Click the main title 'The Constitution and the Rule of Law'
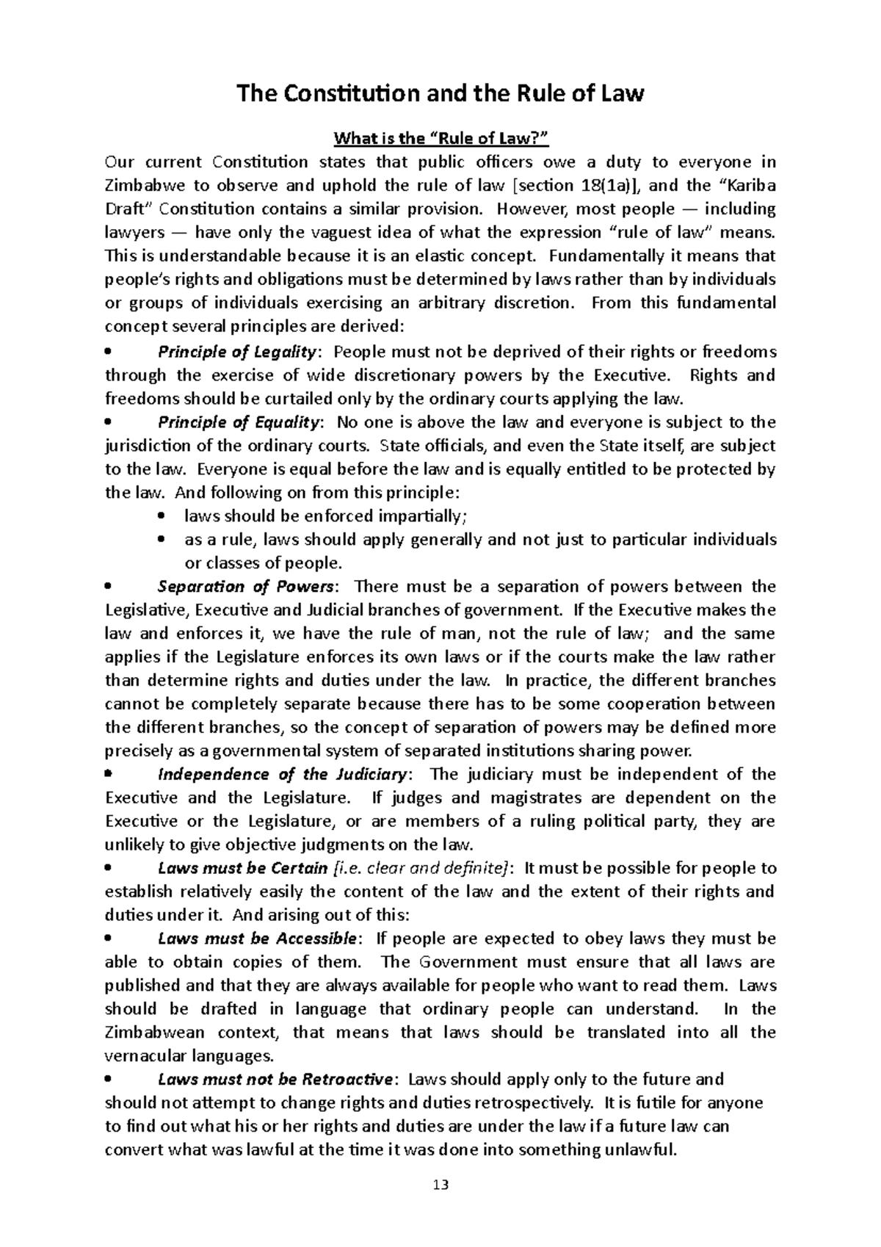440,94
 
